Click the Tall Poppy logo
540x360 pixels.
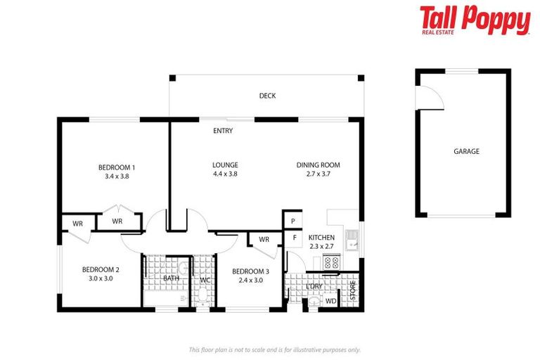(475, 20)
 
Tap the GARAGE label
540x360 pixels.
(466, 151)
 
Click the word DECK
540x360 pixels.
(267, 96)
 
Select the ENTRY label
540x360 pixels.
(223, 131)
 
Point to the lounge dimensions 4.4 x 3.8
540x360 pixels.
(225, 174)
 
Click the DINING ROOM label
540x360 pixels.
(318, 165)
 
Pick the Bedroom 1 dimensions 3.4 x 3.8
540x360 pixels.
(116, 176)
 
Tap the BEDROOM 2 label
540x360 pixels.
(101, 269)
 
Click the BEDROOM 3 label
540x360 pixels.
(250, 271)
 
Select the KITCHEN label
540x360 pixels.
(321, 238)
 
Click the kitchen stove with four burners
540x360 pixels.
(330, 262)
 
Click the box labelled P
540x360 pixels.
(292, 221)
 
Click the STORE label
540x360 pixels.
(353, 288)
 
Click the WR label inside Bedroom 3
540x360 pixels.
(264, 240)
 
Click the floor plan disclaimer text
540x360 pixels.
(274, 349)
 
